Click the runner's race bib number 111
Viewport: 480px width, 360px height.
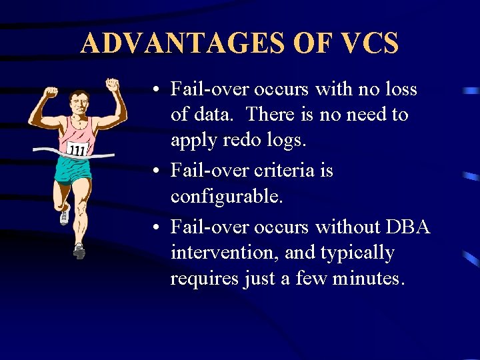(77, 149)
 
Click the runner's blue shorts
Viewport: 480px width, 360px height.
(73, 169)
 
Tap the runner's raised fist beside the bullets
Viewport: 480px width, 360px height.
(113, 86)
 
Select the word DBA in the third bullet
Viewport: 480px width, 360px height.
(408, 227)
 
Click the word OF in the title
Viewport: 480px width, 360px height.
(311, 43)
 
